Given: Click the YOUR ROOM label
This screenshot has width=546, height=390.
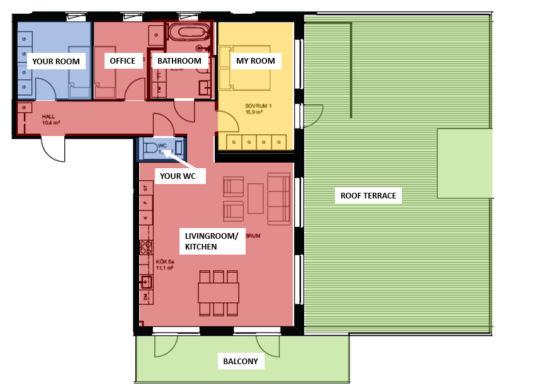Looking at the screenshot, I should point(56,61).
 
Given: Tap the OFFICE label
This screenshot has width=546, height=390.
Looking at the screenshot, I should point(122,60).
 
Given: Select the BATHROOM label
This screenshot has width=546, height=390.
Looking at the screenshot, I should point(179,61).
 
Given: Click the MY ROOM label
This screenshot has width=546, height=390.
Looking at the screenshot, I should point(255,61).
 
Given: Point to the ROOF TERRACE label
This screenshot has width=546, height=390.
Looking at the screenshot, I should point(368,196).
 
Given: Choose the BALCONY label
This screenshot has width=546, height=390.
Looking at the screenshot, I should point(241,362).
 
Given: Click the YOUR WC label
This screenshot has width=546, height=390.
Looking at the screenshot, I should point(182,177).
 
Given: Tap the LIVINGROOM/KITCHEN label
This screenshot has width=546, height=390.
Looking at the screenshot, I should point(212,241).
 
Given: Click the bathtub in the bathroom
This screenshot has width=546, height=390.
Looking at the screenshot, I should point(190,32).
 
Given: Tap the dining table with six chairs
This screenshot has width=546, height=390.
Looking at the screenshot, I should point(218,293).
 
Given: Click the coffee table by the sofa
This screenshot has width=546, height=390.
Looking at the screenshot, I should point(255,198).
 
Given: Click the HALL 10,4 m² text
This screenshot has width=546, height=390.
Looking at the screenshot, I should point(51,120).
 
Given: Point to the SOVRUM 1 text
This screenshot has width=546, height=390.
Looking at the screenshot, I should point(258,109).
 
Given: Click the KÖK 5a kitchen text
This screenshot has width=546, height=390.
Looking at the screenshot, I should point(164,264).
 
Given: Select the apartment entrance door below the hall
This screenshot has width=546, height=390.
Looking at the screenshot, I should point(53,149).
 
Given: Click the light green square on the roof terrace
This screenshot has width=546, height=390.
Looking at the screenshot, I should point(464,163).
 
